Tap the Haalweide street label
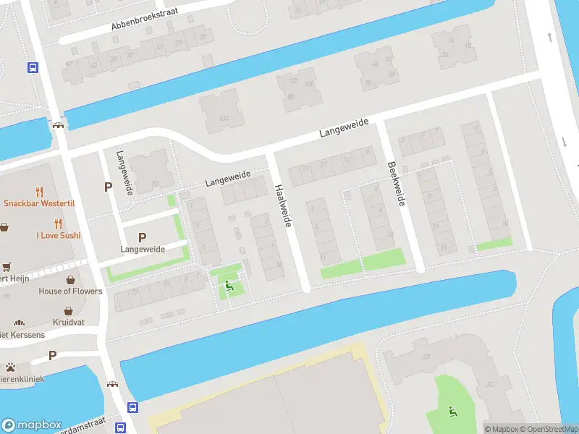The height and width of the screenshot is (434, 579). click(x=283, y=206)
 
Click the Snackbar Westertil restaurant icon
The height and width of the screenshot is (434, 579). click(x=39, y=192)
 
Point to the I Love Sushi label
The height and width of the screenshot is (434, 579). click(x=59, y=235)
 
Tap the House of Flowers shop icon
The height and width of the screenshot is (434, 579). click(x=71, y=280)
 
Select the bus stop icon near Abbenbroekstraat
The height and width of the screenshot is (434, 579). click(x=33, y=67)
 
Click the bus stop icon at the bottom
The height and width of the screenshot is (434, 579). click(x=132, y=407)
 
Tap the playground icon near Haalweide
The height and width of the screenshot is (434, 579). click(x=230, y=286)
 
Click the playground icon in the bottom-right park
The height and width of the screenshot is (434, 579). click(x=453, y=412)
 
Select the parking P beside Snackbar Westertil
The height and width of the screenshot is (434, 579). click(x=109, y=187)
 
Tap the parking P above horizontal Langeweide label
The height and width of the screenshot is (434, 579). click(x=142, y=237)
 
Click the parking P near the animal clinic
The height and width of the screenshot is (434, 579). click(x=52, y=355)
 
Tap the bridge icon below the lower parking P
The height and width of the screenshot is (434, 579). click(x=112, y=384)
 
